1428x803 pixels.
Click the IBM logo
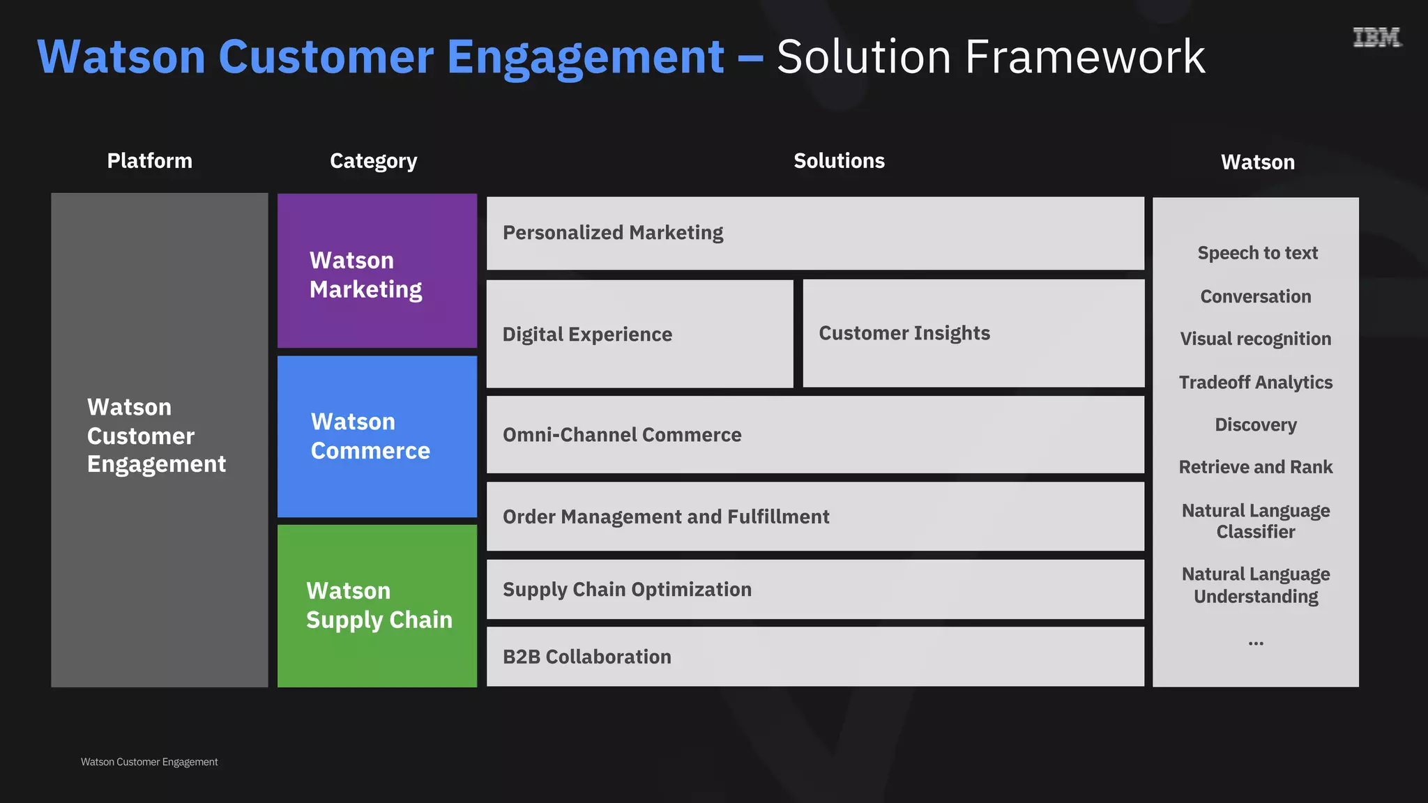click(x=1376, y=38)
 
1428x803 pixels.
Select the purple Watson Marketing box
click(x=377, y=271)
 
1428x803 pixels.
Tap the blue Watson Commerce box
click(x=377, y=436)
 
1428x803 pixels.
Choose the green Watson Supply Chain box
click(x=377, y=606)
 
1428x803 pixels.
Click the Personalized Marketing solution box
click(x=815, y=233)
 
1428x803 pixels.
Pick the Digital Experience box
click(x=639, y=334)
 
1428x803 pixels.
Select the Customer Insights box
click(x=973, y=333)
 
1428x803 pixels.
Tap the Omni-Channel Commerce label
click(x=622, y=435)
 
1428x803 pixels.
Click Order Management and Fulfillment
click(x=666, y=517)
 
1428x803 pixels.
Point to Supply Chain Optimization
click(x=627, y=590)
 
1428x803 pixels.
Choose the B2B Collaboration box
click(x=815, y=657)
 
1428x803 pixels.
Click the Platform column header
click(x=149, y=161)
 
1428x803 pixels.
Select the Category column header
click(x=373, y=161)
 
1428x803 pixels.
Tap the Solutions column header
click(x=839, y=161)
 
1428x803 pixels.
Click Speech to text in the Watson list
click(x=1257, y=253)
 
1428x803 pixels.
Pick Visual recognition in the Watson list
click(x=1255, y=339)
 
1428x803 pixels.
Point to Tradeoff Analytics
click(x=1255, y=383)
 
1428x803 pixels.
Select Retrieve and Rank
click(x=1255, y=467)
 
